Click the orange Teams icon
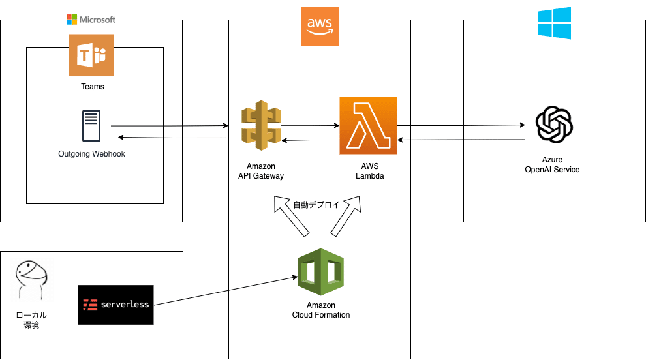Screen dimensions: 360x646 coord(91,55)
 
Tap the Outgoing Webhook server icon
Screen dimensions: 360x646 coord(91,126)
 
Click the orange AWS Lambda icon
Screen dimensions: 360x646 coord(368,125)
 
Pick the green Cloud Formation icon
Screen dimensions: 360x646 coord(321,272)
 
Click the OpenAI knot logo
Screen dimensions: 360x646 coord(553,125)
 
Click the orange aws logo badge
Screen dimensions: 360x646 coord(320,26)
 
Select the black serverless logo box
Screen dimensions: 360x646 coord(115,305)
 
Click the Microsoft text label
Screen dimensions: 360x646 coord(97,20)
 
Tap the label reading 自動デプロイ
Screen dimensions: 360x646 coord(316,204)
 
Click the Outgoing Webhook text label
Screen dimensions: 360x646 coord(91,154)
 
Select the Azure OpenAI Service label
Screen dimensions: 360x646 coord(552,164)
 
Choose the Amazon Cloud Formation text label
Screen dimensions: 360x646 coord(321,310)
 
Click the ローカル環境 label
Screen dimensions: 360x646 coord(31,320)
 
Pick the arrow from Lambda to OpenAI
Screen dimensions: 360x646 coord(462,125)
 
